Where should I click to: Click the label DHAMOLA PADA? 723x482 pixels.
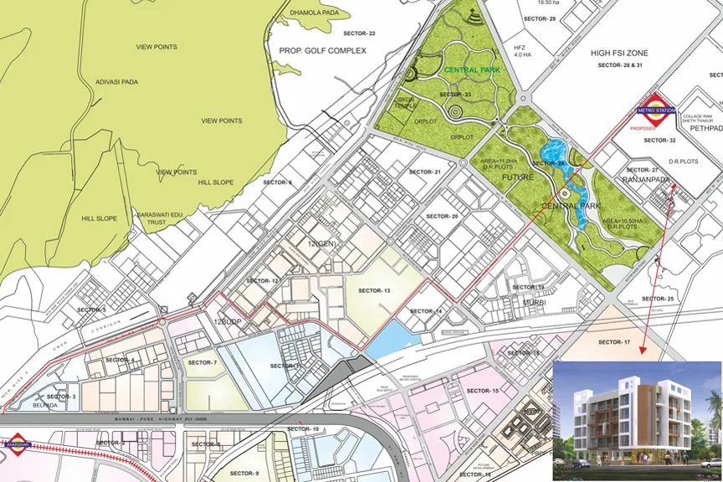coord(311,13)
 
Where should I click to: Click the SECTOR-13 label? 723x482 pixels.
coord(374,290)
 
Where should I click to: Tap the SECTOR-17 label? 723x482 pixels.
coord(614,342)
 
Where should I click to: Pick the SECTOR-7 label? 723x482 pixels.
coord(203,362)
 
